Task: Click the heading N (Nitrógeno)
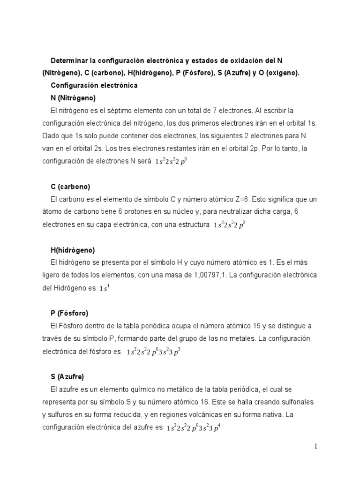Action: coord(73,98)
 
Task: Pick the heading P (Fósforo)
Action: coord(69,313)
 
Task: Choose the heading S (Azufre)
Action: coord(67,376)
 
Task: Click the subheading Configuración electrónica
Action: coord(94,85)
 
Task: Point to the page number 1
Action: coord(316,446)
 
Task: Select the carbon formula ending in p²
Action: coord(230,225)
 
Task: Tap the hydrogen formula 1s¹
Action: coord(104,288)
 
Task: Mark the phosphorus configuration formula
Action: coord(154,352)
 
